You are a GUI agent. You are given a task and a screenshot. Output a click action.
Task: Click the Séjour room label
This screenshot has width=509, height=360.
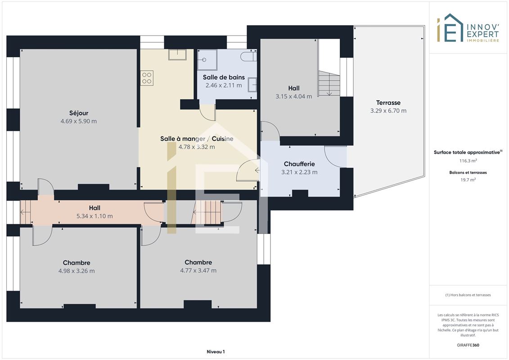[x=79, y=113]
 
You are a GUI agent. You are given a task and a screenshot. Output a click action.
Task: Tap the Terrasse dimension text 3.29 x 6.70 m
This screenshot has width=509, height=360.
[x=388, y=111]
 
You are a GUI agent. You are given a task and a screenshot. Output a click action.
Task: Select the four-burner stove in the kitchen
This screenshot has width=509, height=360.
[x=147, y=78]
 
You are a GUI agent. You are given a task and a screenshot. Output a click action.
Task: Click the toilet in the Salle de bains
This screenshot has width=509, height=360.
[x=248, y=56]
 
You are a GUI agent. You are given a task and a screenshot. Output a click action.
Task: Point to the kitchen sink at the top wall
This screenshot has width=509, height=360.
[x=177, y=54]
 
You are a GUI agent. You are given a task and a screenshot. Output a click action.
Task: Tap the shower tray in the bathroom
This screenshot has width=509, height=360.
[x=207, y=60]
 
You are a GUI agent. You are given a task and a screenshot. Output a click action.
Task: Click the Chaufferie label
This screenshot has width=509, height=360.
[x=299, y=164]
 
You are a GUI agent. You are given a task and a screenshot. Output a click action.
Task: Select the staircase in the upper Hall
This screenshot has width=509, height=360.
[x=329, y=83]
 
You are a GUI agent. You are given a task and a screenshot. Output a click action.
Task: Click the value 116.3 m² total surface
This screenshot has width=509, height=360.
[x=468, y=161]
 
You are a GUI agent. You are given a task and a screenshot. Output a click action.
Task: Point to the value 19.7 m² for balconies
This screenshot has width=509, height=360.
[x=468, y=180]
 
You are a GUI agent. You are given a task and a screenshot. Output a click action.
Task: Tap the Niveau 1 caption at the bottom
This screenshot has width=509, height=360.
[x=216, y=351]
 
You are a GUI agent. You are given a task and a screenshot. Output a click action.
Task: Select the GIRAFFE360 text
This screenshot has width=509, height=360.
[x=468, y=345]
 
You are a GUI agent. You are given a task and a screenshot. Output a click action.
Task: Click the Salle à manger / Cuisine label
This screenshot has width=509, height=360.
[x=197, y=139]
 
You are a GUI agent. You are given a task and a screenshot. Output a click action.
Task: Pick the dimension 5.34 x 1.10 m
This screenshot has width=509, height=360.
[x=95, y=216]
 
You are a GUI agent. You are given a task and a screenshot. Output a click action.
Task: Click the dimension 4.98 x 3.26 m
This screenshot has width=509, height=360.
[x=77, y=271]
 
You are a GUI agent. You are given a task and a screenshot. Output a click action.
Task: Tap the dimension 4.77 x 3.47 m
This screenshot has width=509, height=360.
[x=198, y=270]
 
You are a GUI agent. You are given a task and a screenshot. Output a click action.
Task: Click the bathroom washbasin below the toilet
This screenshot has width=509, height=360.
[x=252, y=85]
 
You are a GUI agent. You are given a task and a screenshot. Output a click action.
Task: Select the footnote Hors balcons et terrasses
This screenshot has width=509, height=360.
[x=468, y=295]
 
